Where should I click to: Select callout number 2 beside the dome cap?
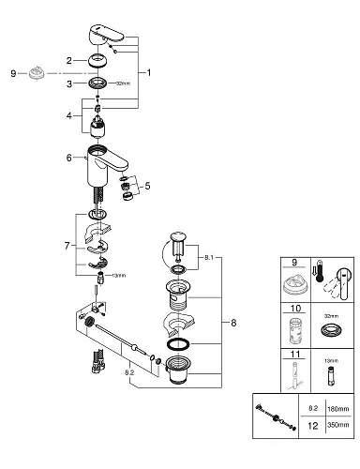(68, 61)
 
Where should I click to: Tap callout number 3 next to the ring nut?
(68, 83)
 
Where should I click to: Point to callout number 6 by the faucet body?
(68, 158)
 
